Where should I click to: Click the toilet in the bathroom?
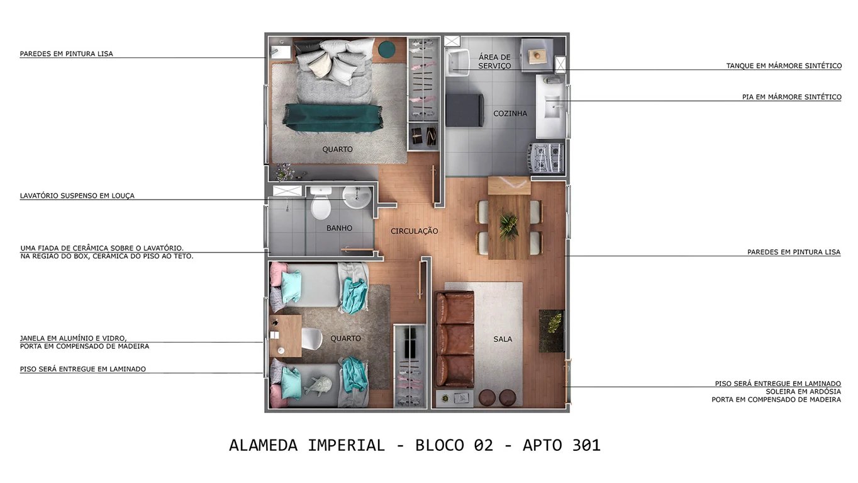(x=321, y=203)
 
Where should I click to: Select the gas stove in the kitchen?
(x=546, y=157)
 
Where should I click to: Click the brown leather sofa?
(x=455, y=339)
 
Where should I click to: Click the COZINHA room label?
(x=510, y=114)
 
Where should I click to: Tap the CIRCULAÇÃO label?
(x=414, y=231)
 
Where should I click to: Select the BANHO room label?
(x=339, y=228)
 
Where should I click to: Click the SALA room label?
(x=503, y=339)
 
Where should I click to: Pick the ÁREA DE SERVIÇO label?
(x=494, y=61)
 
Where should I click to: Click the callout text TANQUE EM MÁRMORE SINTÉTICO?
(x=783, y=65)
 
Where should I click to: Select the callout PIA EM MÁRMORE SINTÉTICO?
(x=791, y=97)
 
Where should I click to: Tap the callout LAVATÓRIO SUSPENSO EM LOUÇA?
(x=77, y=196)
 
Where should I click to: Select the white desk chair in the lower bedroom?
(x=312, y=339)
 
